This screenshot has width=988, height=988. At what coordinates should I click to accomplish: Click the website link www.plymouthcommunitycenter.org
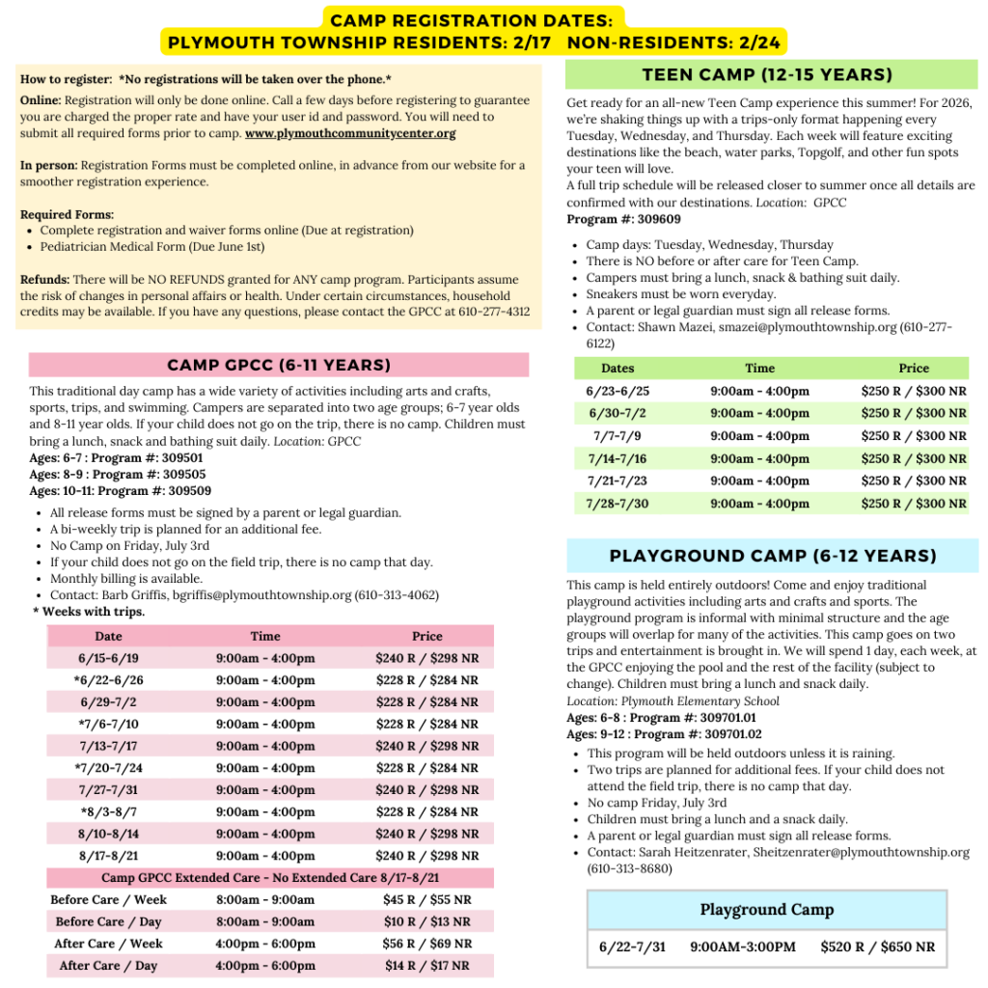350,133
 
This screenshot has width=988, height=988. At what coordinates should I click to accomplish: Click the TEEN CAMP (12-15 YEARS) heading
767,75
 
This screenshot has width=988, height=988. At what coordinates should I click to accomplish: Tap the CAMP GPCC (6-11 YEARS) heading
279,365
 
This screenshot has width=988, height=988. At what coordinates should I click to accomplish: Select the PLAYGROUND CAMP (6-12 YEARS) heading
773,556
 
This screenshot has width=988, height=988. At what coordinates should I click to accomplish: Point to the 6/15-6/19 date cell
108,658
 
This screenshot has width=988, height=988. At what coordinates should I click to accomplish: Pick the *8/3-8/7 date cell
108,811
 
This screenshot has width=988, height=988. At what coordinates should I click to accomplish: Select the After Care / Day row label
108,965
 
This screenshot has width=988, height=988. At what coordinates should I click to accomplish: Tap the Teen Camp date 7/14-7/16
617,458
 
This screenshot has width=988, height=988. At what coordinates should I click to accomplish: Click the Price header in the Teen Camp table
914,368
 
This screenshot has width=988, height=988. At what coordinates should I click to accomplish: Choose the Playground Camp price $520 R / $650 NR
877,947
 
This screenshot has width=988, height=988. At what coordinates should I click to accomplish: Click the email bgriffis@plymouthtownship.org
261,595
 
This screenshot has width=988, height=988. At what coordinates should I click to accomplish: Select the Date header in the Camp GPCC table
108,636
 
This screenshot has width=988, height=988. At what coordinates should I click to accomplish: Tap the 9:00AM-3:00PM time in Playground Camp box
743,947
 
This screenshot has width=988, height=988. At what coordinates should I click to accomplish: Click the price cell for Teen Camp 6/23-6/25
914,391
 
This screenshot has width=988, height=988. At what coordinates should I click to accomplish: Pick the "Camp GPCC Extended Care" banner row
270,877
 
